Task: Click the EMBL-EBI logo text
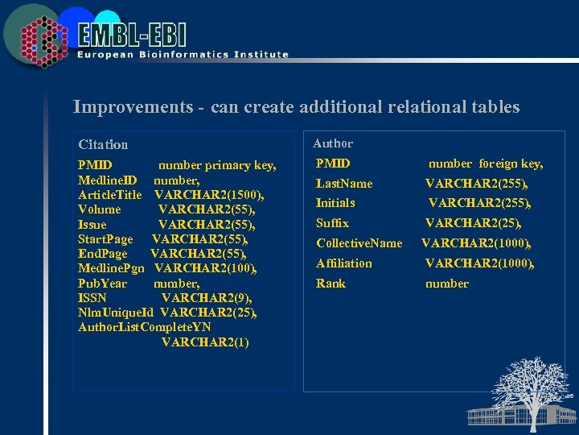(x=133, y=34)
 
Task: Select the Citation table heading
(x=103, y=145)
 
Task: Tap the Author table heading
(x=333, y=143)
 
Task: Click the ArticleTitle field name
(x=110, y=195)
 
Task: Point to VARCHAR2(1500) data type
(x=209, y=195)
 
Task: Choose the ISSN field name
(x=92, y=298)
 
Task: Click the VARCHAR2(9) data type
(x=208, y=298)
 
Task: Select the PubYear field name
(x=102, y=284)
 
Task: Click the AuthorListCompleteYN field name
(x=145, y=327)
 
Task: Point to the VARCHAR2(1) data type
(x=205, y=342)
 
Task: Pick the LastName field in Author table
(x=344, y=184)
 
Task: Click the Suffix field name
(x=332, y=223)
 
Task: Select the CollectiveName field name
(x=359, y=243)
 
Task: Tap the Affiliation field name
(x=344, y=263)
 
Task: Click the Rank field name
(x=331, y=284)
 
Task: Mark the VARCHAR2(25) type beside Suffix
(x=473, y=223)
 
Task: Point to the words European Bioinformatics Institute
(x=183, y=55)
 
